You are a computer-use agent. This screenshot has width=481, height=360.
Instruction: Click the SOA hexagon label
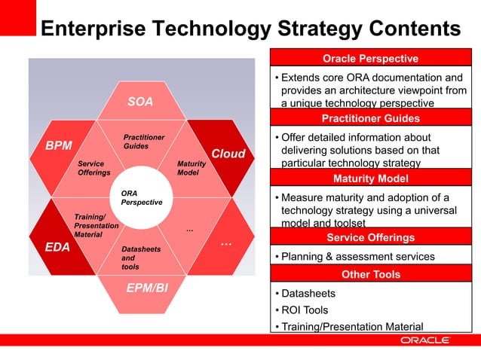tap(139, 102)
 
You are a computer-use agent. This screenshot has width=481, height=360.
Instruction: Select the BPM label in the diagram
tap(58, 145)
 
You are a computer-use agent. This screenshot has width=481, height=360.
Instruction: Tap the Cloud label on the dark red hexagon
tap(228, 154)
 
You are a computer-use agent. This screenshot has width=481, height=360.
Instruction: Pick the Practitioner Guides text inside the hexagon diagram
tap(144, 141)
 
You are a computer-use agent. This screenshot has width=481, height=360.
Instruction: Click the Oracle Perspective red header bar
tap(370, 59)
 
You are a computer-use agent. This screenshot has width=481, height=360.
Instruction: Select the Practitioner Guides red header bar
tap(370, 118)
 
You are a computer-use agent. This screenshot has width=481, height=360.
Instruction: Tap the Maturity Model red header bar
tap(370, 178)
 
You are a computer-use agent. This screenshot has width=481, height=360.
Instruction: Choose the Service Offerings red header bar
tap(370, 237)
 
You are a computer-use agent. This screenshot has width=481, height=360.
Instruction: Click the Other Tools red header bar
tap(370, 274)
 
